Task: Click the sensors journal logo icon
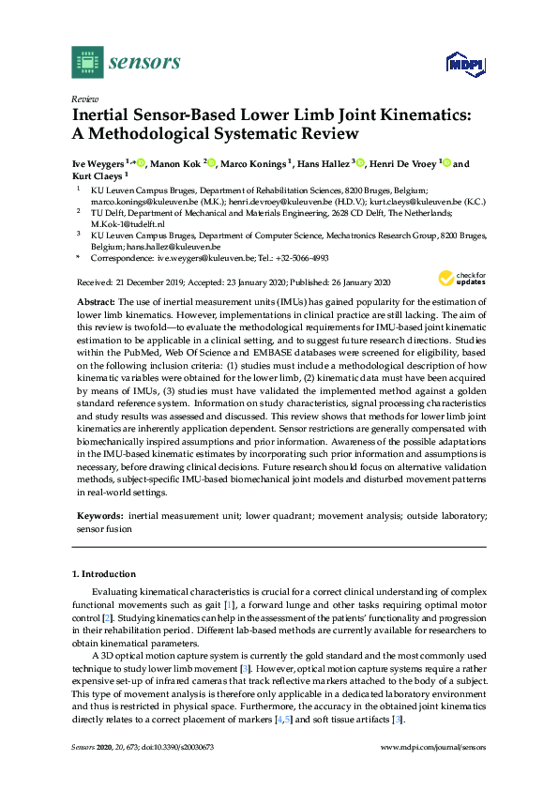[x=86, y=62]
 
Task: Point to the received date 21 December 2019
[x=151, y=281]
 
